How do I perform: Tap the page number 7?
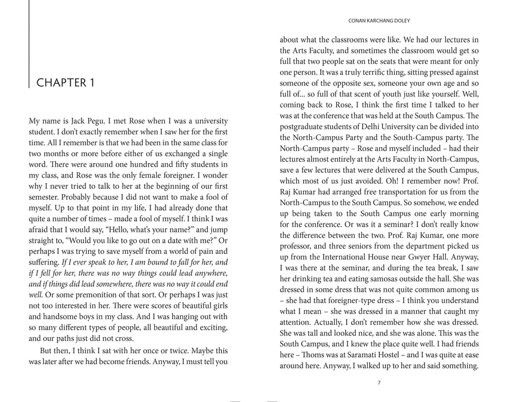pyautogui.click(x=379, y=383)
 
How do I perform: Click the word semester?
pyautogui.click(x=48, y=197)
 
